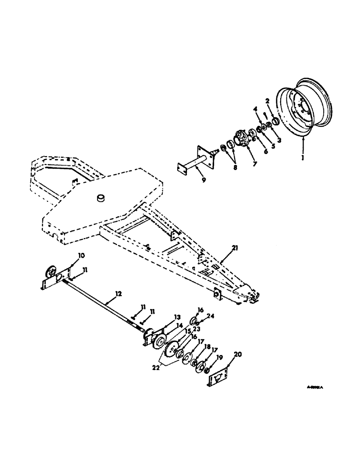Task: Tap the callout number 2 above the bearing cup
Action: point(268,100)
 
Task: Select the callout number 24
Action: point(211,316)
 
